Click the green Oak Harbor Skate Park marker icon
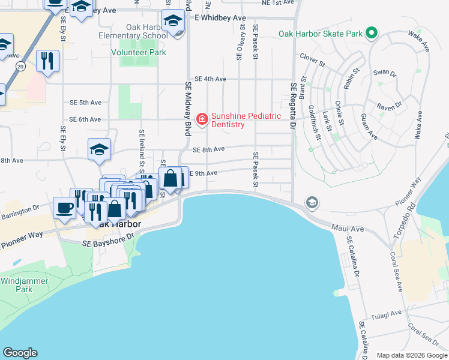click(x=372, y=33)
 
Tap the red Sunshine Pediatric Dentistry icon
click(x=202, y=119)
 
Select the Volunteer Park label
click(x=139, y=52)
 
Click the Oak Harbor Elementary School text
click(x=134, y=31)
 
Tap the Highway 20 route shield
click(x=20, y=65)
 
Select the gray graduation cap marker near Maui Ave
click(x=312, y=203)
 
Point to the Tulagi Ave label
click(x=387, y=313)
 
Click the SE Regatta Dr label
click(x=294, y=106)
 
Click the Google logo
click(x=20, y=353)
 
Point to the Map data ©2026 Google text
click(x=412, y=355)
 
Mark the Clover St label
click(x=312, y=60)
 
